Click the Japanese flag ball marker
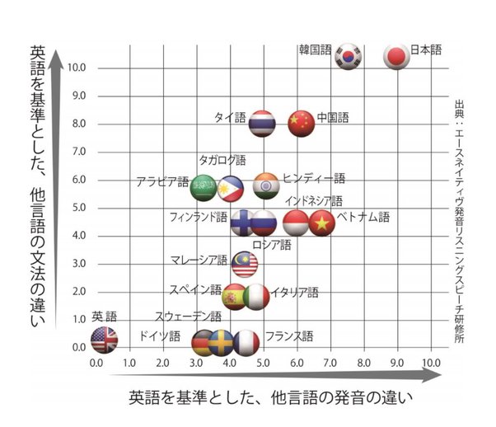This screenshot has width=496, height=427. point(397,55)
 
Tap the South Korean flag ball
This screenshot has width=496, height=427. point(349,55)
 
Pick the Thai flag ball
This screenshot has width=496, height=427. point(262,123)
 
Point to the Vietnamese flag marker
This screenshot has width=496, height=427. point(321,223)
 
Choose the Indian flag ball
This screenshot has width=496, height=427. point(266,186)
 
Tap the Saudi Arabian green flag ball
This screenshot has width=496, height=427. point(204,188)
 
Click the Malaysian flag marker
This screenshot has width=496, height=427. point(246,264)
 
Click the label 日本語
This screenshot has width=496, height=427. point(426,49)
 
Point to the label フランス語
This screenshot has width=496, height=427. point(289,335)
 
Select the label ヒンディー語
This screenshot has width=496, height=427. point(314,178)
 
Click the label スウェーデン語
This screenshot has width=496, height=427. point(188,316)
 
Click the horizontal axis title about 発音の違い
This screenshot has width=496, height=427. point(270,397)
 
